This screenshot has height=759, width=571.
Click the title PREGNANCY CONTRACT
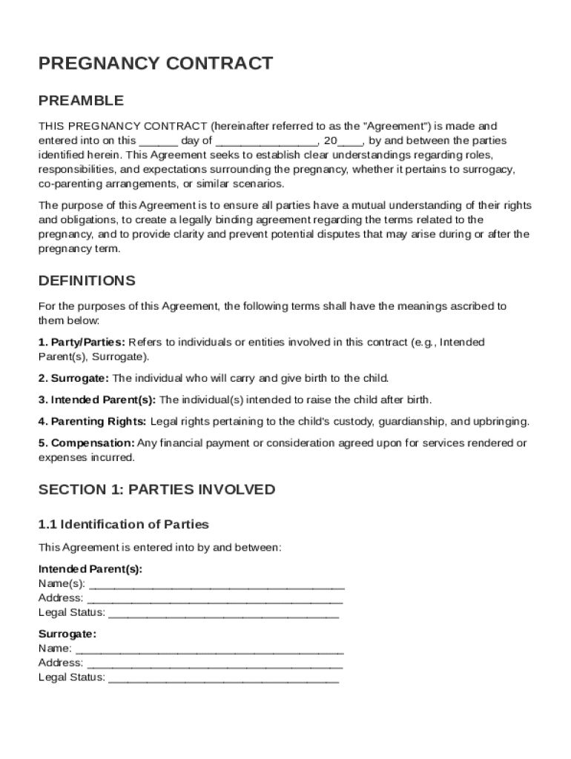click(156, 64)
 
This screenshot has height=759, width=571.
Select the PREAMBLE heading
click(81, 100)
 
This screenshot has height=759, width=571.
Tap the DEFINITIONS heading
click(87, 281)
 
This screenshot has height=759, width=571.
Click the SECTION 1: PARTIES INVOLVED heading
click(156, 489)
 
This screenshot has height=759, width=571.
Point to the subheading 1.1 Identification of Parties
click(124, 525)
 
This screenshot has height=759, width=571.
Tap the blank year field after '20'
click(350, 141)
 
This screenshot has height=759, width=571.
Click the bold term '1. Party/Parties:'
click(82, 342)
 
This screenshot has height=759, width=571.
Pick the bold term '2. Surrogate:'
click(73, 378)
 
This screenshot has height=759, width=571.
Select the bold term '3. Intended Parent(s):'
click(97, 400)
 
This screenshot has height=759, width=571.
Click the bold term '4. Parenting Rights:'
click(93, 422)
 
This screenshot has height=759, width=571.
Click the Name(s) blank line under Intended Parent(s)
click(216, 584)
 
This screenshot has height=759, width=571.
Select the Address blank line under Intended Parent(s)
click(214, 599)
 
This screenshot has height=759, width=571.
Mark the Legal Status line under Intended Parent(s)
click(223, 614)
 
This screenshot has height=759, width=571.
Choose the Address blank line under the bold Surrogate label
click(214, 663)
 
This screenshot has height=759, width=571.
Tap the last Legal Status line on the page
click(223, 678)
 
